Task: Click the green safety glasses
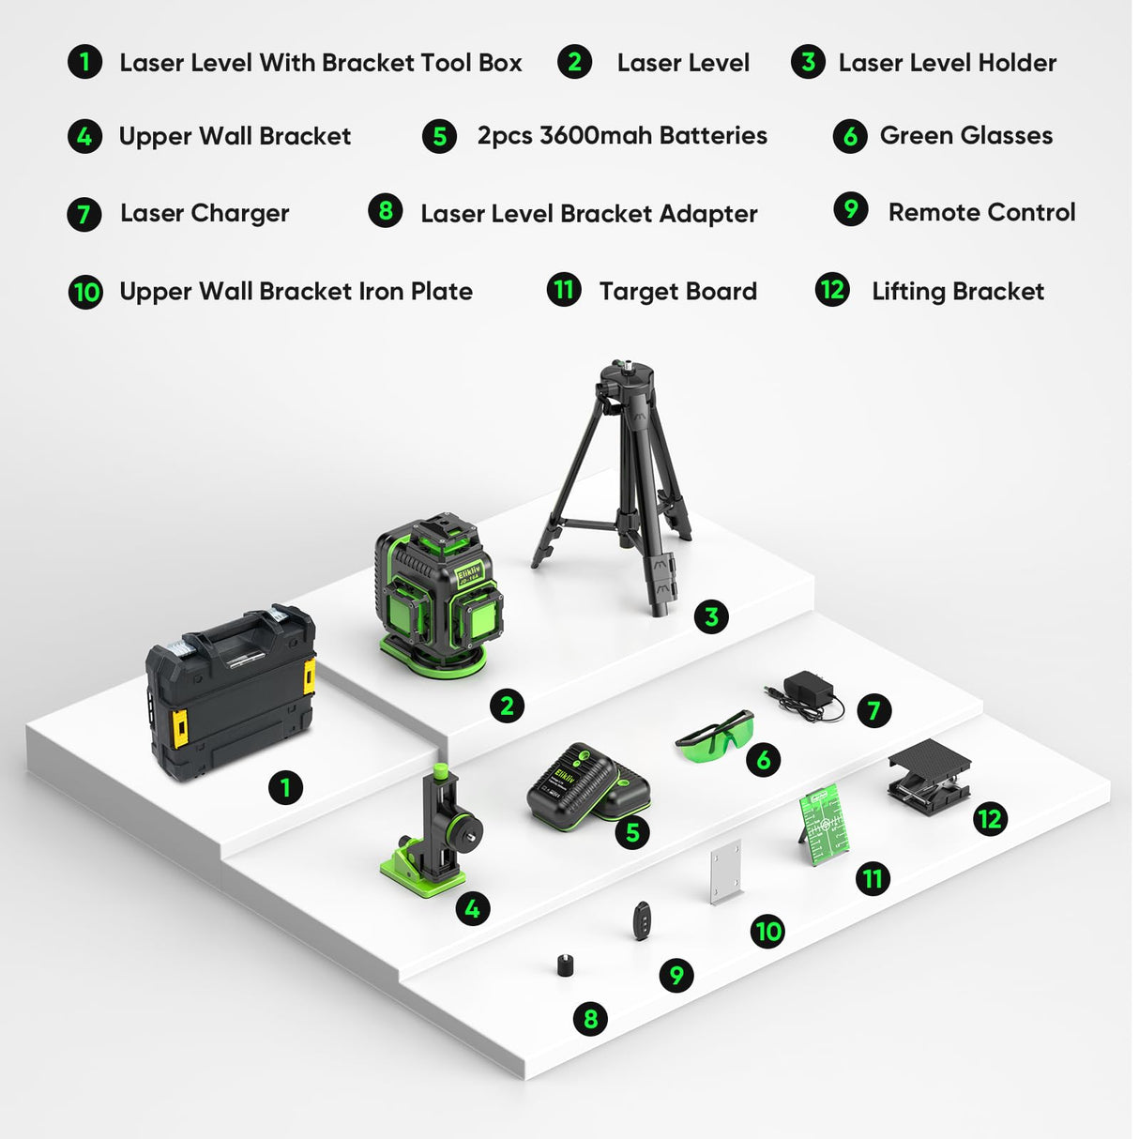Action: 716,735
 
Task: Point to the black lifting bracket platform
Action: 928,777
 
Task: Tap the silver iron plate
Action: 726,873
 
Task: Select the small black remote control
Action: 642,919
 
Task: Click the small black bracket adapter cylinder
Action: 565,964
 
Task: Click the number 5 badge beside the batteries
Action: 632,832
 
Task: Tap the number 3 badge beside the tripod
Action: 711,616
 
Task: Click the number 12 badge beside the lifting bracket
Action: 989,819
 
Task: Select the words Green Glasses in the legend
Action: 965,136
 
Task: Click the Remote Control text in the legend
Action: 981,213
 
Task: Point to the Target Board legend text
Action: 677,292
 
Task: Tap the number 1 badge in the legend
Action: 84,63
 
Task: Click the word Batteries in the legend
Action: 713,136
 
